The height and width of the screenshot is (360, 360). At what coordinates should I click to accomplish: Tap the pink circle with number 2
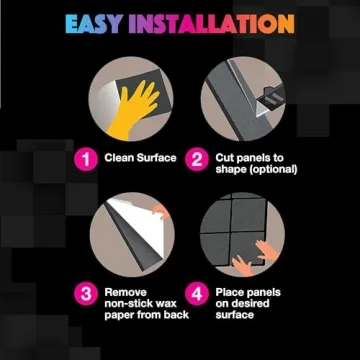pos(198,158)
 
